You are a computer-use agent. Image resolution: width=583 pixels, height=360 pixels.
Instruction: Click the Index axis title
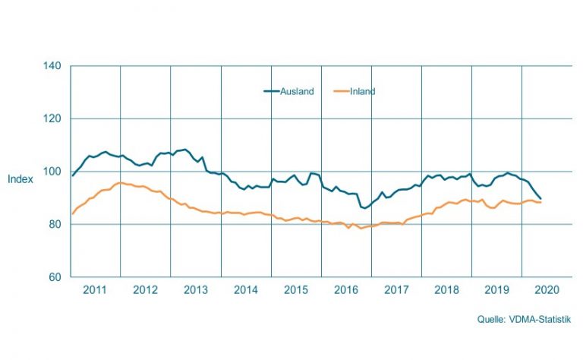[x=19, y=179]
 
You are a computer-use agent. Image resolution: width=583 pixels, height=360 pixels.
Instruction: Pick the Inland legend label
[x=363, y=91]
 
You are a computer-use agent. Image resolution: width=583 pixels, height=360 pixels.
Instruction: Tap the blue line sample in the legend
[x=272, y=91]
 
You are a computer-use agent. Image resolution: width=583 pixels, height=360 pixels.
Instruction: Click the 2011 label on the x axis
[x=95, y=290]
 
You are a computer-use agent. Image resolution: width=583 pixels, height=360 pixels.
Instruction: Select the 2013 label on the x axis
[x=196, y=290]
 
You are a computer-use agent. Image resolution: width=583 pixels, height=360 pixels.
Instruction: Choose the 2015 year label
[x=296, y=290]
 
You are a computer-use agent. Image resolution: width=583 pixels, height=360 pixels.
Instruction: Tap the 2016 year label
[x=346, y=290]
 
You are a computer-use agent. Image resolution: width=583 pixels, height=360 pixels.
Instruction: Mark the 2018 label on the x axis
[x=447, y=290]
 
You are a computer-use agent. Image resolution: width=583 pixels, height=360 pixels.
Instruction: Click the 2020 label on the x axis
[x=547, y=290]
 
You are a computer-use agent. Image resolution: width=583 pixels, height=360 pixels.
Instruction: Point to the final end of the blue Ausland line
[x=540, y=198]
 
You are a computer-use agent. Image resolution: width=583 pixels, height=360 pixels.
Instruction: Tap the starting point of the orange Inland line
[x=72, y=213]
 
